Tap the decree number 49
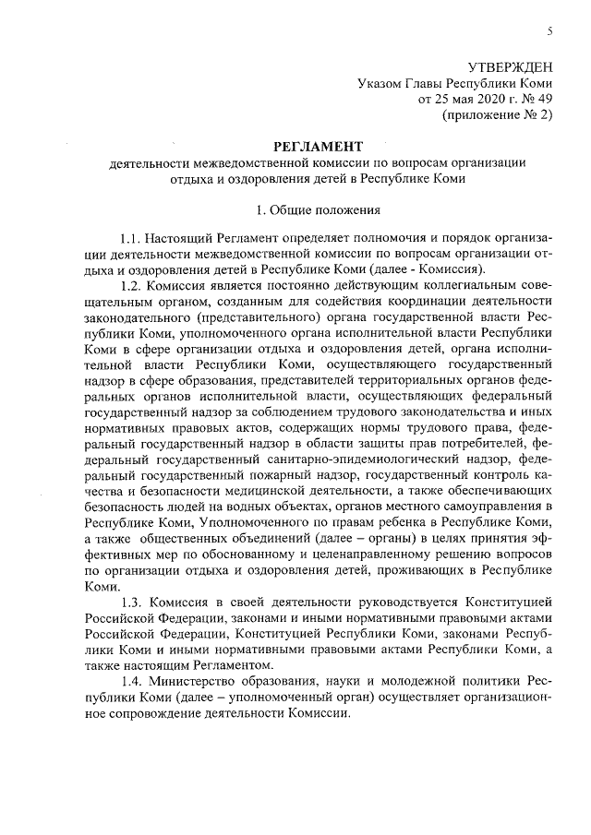point(544,98)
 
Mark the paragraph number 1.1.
point(136,239)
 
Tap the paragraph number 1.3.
point(136,602)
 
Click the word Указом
point(380,82)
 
